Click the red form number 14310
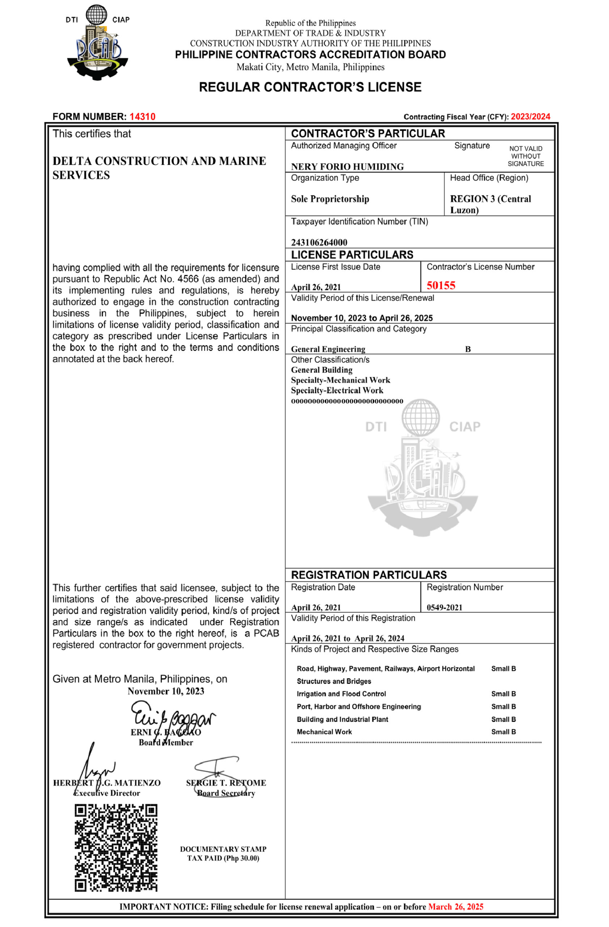[x=143, y=117]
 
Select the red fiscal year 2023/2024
[x=530, y=117]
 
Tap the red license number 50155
[x=440, y=285]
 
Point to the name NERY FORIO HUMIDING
[x=347, y=167]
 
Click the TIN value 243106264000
[x=319, y=242]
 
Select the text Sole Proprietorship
[x=330, y=199]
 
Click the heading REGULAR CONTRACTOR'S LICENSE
[x=310, y=87]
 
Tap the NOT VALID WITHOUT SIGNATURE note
[x=525, y=156]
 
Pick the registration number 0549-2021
[x=444, y=607]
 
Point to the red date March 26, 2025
[x=455, y=906]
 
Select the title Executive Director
[x=107, y=793]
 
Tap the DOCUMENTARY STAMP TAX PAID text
[x=223, y=853]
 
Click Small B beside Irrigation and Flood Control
[x=503, y=694]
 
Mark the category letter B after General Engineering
[x=468, y=349]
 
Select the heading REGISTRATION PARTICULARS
[x=368, y=575]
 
